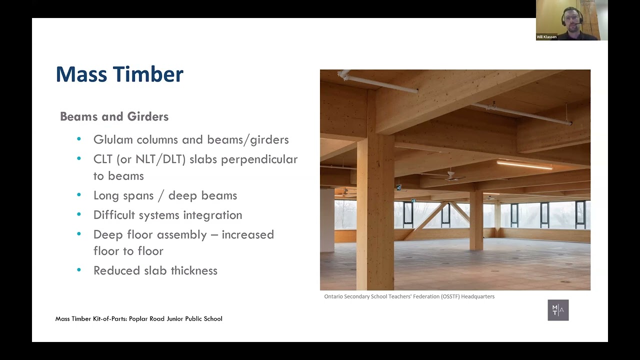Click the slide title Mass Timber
pos(119,74)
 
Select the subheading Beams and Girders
pos(114,116)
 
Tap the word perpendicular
pos(259,159)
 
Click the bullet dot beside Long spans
pos(79,195)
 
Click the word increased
pos(248,234)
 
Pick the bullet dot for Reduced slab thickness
pos(79,270)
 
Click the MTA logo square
pos(558,310)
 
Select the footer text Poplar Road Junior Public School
pos(175,318)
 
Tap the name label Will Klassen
pos(546,37)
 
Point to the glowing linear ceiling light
pos(524,164)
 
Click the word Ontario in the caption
pos(334,296)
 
